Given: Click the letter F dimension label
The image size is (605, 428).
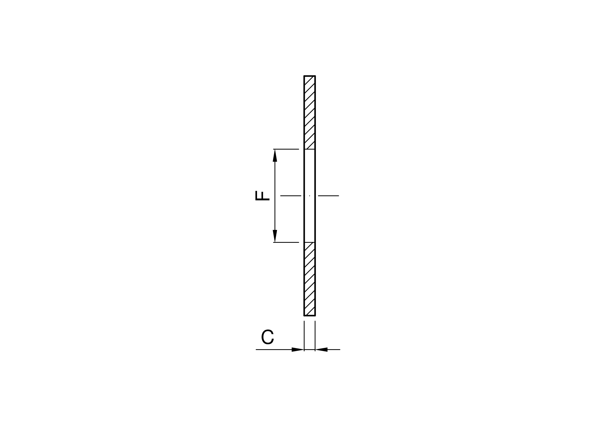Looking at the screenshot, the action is point(262,196).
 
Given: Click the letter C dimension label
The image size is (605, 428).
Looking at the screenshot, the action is point(268,337).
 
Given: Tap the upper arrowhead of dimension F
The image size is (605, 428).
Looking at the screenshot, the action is point(275,155).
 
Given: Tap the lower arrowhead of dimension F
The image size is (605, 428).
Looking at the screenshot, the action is point(275,236).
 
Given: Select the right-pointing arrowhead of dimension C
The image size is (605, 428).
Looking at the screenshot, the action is point(298,350).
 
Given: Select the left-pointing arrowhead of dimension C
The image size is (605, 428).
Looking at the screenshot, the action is point(321,350).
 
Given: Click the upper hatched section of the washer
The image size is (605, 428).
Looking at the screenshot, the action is point(310,112).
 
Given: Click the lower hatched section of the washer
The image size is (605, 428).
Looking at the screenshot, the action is point(310,279).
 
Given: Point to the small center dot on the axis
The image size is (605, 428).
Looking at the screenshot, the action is point(310,196).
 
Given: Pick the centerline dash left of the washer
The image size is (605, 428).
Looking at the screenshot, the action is point(291,196).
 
